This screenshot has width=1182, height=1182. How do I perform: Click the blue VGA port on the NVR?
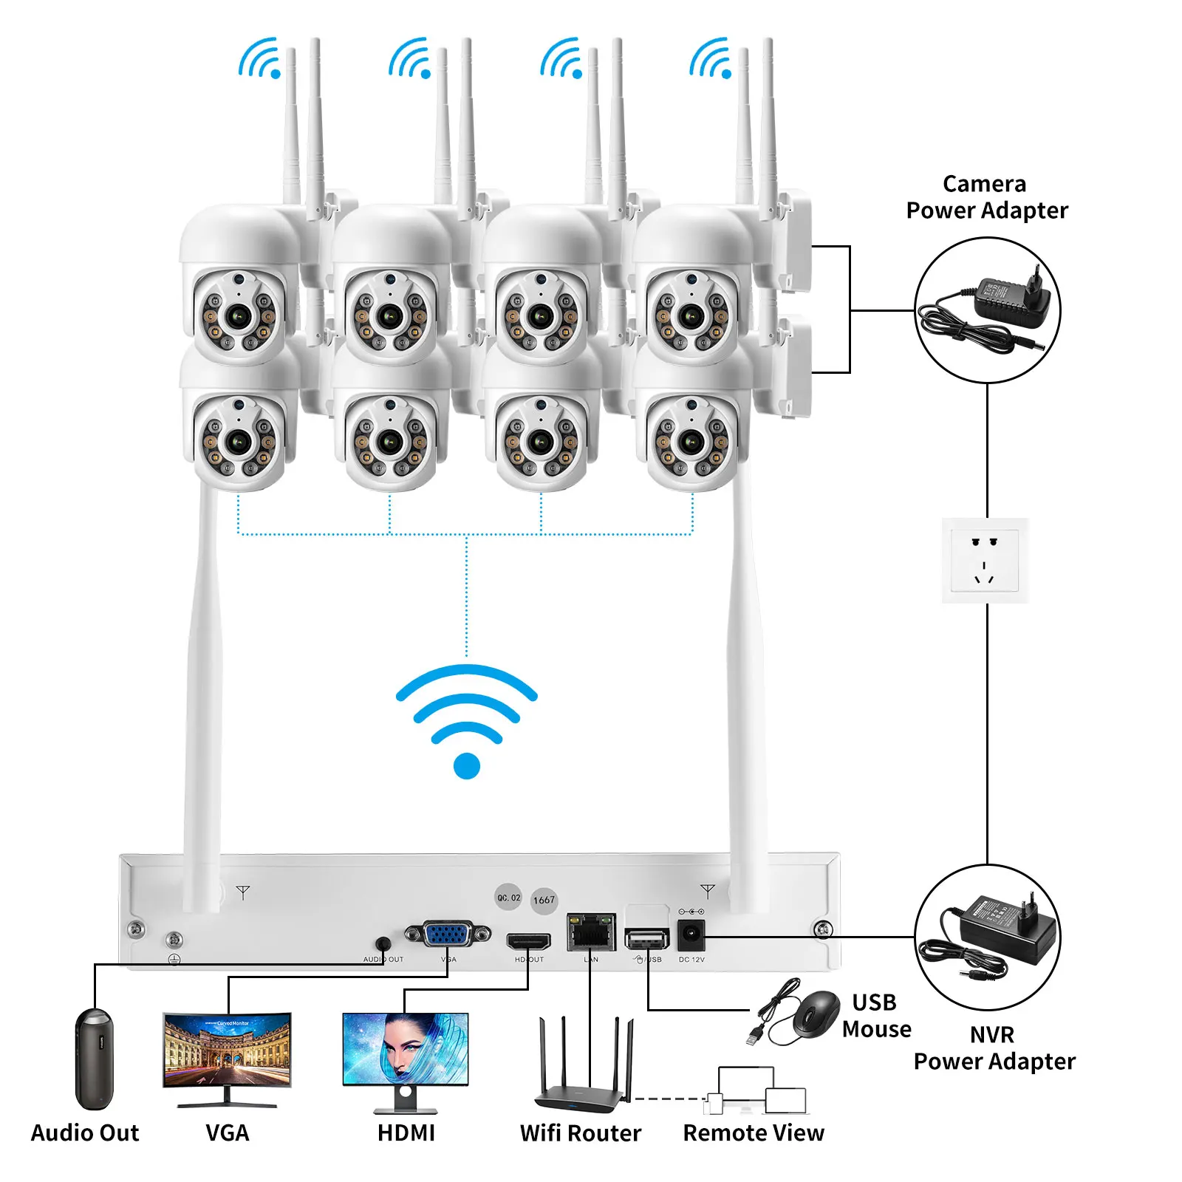tap(448, 935)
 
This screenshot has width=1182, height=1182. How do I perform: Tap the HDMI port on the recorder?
tap(528, 942)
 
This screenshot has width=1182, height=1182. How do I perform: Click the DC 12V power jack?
tap(691, 935)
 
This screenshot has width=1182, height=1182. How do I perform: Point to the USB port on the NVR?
tap(646, 939)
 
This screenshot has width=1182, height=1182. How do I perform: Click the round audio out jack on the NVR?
tap(383, 943)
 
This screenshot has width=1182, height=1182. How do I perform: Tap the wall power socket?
tap(985, 561)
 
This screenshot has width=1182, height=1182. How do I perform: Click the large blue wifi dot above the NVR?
tap(466, 765)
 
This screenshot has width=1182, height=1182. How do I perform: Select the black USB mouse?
tap(816, 1014)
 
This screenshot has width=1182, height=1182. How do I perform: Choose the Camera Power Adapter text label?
tap(986, 197)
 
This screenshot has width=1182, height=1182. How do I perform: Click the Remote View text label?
tap(753, 1133)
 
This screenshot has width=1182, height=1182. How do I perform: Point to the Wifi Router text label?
tap(581, 1133)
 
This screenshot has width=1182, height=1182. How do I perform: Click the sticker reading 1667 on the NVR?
tap(544, 900)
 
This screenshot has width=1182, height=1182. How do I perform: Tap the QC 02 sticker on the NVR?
tap(508, 898)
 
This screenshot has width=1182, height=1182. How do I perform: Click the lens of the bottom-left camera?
tap(237, 443)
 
